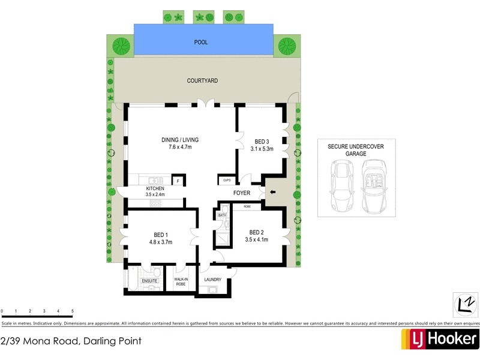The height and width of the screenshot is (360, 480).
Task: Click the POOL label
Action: click(200, 43)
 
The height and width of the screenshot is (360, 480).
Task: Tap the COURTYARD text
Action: click(202, 80)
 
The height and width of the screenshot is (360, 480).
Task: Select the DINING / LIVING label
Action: click(179, 140)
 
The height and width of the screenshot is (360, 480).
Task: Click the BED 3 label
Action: click(262, 142)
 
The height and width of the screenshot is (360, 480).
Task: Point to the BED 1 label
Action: click(160, 234)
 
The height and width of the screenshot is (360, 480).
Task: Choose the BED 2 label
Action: click(256, 232)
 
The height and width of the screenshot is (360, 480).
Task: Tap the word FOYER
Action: click(242, 193)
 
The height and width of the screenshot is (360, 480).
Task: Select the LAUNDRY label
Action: click(212, 280)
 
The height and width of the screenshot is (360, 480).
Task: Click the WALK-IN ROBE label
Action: click(182, 281)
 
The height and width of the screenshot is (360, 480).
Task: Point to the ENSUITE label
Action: click(149, 281)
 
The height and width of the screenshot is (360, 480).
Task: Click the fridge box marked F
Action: click(178, 180)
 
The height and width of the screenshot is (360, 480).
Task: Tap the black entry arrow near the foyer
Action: click(273, 193)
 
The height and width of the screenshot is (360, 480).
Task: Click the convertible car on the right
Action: click(375, 186)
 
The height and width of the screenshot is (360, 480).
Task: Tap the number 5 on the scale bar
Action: click(73, 311)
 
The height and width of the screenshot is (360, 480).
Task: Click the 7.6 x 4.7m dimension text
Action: click(179, 148)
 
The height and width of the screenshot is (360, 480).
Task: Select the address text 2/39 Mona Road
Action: click(71, 341)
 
